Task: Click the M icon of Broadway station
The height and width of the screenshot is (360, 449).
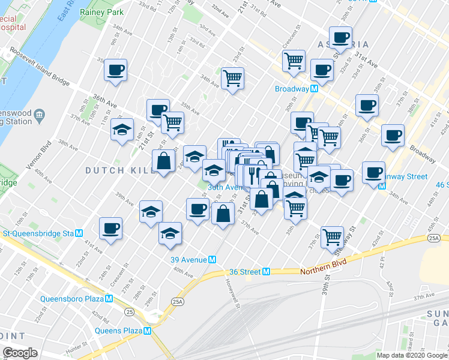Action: coord(313,89)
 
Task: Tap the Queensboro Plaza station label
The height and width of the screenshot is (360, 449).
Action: coord(73,299)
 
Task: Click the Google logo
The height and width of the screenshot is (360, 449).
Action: coord(20,353)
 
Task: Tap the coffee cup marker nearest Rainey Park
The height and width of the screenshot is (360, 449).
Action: coord(115,70)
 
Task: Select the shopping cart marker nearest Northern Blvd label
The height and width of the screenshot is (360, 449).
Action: coord(332,236)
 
